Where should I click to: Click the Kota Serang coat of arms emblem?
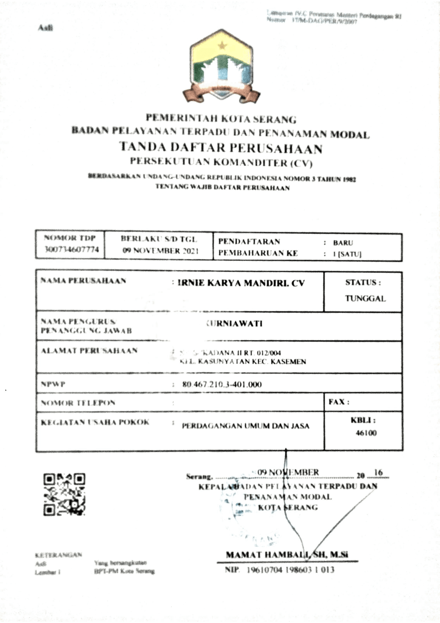(221, 67)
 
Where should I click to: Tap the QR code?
(64, 494)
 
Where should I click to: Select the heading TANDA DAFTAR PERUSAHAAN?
(221, 148)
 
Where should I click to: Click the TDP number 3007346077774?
(71, 249)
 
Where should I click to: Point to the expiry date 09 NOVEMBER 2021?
(160, 251)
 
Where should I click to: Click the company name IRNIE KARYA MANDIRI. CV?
(241, 283)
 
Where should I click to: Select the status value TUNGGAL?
(365, 299)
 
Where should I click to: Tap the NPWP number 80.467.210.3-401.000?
(222, 384)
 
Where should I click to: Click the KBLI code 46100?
(366, 433)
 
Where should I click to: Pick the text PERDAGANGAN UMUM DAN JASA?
(246, 426)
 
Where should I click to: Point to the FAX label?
(339, 402)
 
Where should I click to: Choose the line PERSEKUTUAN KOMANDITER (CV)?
(221, 162)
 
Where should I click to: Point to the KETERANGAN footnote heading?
(58, 555)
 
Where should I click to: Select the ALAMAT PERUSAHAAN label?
(89, 351)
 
